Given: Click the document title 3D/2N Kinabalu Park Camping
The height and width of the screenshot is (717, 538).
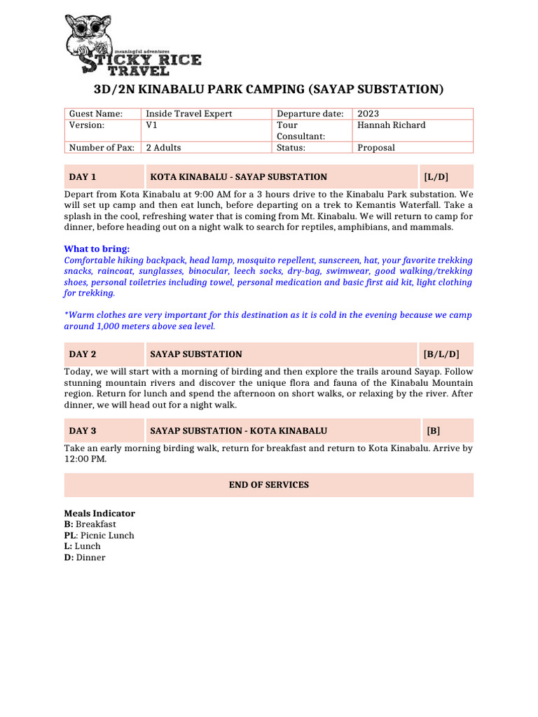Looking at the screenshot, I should click(x=268, y=89).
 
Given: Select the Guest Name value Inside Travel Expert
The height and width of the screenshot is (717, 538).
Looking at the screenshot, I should click(x=188, y=114).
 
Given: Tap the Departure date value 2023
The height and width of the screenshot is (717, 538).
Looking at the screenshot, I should click(x=368, y=114).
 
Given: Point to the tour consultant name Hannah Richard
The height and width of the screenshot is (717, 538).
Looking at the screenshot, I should click(x=391, y=125).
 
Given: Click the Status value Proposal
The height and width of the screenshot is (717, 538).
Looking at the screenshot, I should click(x=376, y=148).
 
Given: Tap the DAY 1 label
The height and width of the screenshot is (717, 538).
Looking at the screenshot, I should click(x=83, y=177).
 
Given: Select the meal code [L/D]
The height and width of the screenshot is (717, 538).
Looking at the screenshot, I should click(x=437, y=177).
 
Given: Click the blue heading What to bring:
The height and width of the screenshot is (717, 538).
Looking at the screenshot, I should click(x=97, y=249).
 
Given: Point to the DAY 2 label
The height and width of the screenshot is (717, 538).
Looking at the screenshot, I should click(x=83, y=354).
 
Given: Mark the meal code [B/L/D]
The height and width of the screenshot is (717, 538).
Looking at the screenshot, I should click(x=441, y=354).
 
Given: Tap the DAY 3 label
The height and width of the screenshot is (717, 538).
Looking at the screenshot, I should click(x=83, y=431).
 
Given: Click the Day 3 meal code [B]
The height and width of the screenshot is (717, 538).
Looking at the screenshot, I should click(x=434, y=431).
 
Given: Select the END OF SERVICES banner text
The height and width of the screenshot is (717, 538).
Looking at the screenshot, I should click(x=268, y=485).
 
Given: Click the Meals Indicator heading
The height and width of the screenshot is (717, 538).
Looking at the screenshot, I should click(x=99, y=513).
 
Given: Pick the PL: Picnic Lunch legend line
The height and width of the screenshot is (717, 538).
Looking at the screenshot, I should click(x=99, y=536).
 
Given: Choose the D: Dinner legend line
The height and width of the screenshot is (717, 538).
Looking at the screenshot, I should click(x=85, y=558).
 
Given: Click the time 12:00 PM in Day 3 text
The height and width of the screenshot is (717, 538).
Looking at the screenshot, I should click(x=85, y=459).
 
